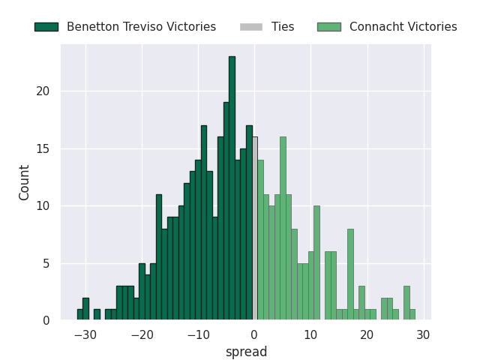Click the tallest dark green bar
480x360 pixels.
232,188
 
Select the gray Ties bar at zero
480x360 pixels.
255,229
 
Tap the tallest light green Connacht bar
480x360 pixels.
283,229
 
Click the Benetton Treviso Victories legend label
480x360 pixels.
141,27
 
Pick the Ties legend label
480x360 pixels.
283,27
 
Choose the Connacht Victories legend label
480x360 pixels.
403,27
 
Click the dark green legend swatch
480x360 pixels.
46,27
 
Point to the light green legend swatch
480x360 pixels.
329,27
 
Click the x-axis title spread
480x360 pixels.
246,352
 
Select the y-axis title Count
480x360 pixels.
25,182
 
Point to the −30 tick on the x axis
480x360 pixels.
85,334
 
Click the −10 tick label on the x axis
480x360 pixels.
198,334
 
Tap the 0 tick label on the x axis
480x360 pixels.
254,334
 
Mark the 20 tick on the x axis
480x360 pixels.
367,334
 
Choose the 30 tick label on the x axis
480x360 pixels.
424,334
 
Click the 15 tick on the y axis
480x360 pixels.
44,148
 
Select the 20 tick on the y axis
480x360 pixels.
44,91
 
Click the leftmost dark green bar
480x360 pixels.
79,315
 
